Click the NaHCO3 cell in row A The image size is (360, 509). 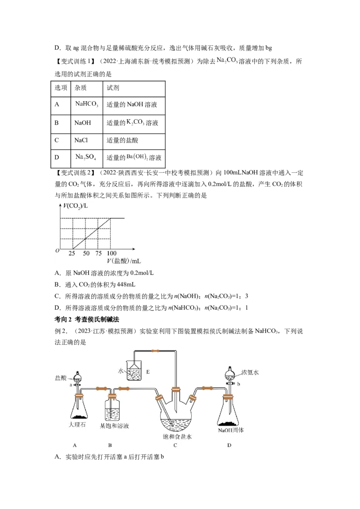pyautogui.click(x=87, y=106)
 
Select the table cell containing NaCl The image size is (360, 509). pyautogui.click(x=87, y=141)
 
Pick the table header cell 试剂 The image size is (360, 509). pyautogui.click(x=134, y=89)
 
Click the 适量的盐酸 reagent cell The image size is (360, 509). pyautogui.click(x=134, y=141)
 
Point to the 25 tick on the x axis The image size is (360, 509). pyautogui.click(x=72, y=253)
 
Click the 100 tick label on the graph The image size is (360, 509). pyautogui.click(x=112, y=253)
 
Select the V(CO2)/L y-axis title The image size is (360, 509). pyautogui.click(x=76, y=206)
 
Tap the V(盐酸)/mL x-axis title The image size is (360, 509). pyautogui.click(x=124, y=261)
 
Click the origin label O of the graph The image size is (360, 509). pyautogui.click(x=58, y=250)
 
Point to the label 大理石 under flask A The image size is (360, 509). pyautogui.click(x=77, y=424)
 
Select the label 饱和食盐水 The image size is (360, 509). pyautogui.click(x=177, y=437)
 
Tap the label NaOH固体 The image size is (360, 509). pyautogui.click(x=231, y=430)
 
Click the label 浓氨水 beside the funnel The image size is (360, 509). pyautogui.click(x=250, y=372)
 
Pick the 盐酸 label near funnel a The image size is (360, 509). pyautogui.click(x=61, y=378)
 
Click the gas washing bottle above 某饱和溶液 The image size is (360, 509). pyautogui.click(x=113, y=408)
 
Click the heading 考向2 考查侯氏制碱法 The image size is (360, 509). pyautogui.click(x=87, y=319)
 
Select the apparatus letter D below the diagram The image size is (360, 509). pyautogui.click(x=229, y=445)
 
